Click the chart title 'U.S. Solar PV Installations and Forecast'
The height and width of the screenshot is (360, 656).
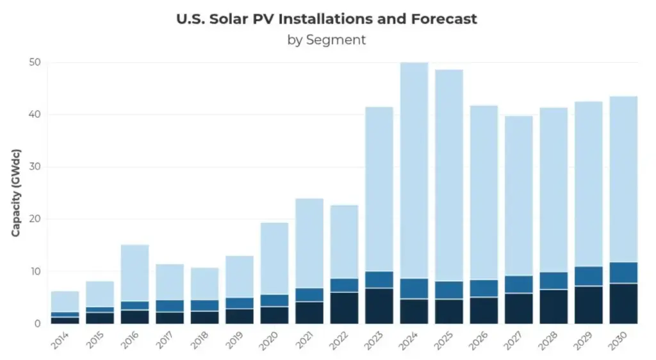[x=327, y=19]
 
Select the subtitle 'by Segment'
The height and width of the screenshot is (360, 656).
[x=327, y=40]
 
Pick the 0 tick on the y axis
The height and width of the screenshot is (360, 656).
[x=38, y=323]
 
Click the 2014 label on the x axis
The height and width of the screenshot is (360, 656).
[x=60, y=341]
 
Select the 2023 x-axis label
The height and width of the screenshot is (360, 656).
[x=373, y=341]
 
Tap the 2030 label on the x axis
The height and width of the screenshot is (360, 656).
[x=618, y=341]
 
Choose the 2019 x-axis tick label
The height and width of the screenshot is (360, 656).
[x=234, y=341]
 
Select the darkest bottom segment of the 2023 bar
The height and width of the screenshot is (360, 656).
[x=379, y=306]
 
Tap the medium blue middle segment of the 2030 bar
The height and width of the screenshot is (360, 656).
[x=623, y=272]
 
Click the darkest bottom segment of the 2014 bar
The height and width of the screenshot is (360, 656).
[x=65, y=320]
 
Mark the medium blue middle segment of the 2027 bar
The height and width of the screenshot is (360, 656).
[x=519, y=284]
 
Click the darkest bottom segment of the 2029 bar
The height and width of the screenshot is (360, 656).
[x=588, y=305]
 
